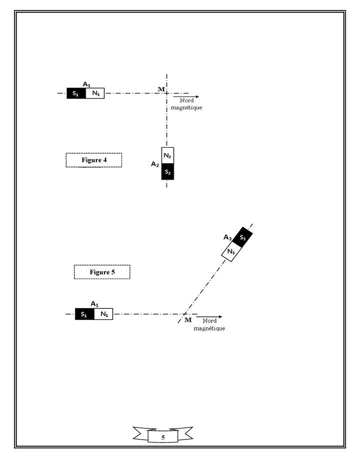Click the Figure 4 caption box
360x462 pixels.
[94, 160]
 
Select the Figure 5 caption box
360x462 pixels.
[102, 272]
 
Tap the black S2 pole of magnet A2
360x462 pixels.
[167, 172]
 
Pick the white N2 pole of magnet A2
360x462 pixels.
[167, 156]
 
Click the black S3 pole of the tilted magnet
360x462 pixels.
[242, 237]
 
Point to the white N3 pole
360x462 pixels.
[231, 252]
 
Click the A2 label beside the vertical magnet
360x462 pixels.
[155, 164]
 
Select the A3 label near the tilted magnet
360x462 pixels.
[227, 237]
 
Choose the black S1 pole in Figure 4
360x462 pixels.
[76, 93]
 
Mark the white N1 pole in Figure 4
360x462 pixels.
[95, 93]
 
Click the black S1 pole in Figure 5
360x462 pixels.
[84, 314]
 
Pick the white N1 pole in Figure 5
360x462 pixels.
[103, 314]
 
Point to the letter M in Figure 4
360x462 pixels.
[161, 89]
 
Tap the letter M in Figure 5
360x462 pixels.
[188, 320]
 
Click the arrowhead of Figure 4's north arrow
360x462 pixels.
[197, 96]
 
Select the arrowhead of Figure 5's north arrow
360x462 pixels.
[219, 317]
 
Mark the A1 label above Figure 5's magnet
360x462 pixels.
[93, 303]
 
